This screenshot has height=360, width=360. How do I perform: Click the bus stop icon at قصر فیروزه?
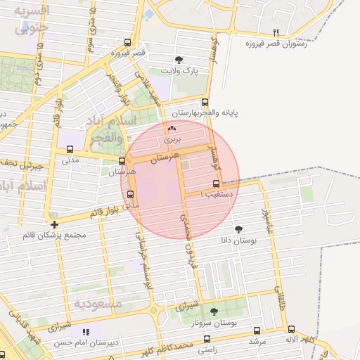(127, 42)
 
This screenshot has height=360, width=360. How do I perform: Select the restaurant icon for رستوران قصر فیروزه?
(276, 32)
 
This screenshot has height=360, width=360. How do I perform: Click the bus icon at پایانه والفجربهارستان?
(205, 102)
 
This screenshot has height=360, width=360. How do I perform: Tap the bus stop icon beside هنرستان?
(123, 160)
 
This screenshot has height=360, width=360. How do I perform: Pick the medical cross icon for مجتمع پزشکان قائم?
(54, 224)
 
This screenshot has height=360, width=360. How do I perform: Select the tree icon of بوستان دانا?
(238, 229)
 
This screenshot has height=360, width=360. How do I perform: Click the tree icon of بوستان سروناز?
(214, 311)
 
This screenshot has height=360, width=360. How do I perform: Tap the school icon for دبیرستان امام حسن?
(86, 331)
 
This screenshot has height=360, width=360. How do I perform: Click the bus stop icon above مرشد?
(256, 330)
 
